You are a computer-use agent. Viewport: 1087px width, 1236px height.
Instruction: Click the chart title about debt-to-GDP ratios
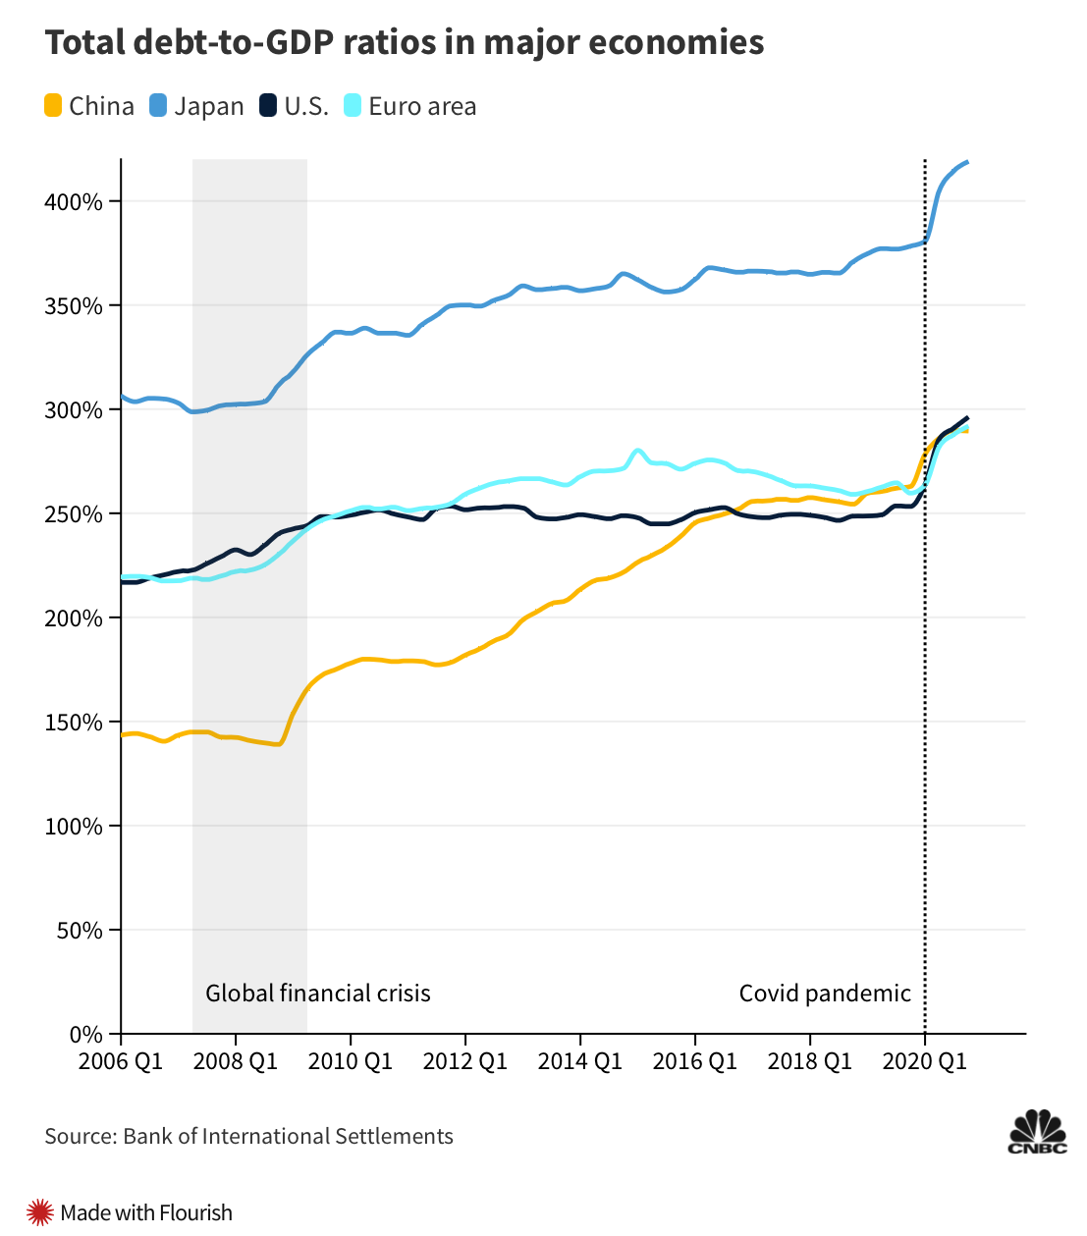click(404, 43)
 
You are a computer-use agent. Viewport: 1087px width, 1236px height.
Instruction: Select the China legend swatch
click(54, 106)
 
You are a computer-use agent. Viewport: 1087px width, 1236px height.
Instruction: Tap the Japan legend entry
click(197, 106)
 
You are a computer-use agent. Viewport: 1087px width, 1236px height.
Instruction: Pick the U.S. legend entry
click(294, 106)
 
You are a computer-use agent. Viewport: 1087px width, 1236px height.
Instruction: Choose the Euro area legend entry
click(410, 106)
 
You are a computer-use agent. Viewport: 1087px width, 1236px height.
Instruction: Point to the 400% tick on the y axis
click(74, 202)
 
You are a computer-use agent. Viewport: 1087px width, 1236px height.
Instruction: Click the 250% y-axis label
click(74, 514)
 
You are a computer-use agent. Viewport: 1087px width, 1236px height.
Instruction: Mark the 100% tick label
click(74, 827)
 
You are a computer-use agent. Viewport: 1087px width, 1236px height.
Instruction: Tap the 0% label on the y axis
click(86, 1035)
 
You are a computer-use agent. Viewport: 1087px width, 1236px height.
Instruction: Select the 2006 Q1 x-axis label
click(121, 1062)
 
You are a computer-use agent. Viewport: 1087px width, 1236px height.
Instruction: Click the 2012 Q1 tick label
click(465, 1062)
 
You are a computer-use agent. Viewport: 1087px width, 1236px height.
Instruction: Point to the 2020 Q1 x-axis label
click(925, 1062)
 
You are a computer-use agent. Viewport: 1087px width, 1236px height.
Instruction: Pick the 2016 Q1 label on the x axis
click(695, 1062)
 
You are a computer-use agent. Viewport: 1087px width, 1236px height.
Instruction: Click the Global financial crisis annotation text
click(318, 994)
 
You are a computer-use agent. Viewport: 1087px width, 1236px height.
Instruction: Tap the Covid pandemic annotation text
click(825, 994)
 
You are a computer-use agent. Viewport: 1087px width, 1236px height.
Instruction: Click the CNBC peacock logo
click(1037, 1131)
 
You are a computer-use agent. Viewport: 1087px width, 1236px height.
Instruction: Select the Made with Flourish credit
click(132, 1213)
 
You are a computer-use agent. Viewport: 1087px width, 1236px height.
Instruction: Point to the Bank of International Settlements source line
click(248, 1137)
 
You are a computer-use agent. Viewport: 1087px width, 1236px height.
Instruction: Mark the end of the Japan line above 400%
click(967, 162)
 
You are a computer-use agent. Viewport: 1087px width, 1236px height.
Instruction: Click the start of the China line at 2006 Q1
click(123, 734)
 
